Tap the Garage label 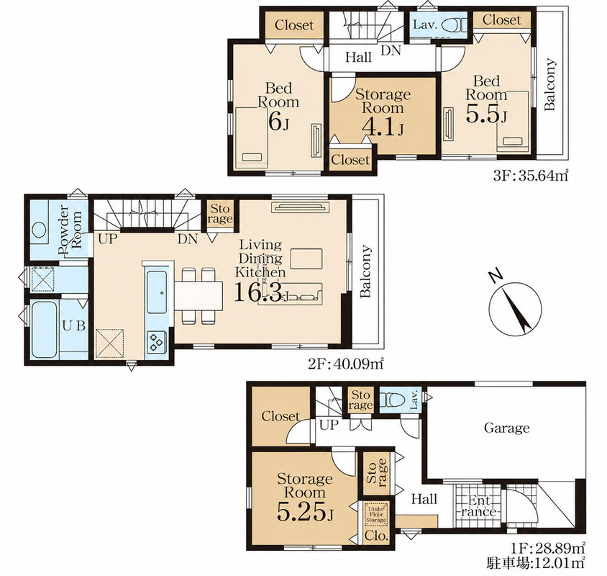[507, 428]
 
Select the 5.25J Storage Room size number [305, 513]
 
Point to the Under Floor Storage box [375, 514]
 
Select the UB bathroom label [73, 325]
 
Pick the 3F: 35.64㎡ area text [530, 176]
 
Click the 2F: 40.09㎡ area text [346, 365]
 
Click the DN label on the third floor [391, 50]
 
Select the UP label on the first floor [329, 425]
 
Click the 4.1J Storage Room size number [383, 126]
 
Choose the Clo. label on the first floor [376, 536]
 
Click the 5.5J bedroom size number [486, 114]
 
